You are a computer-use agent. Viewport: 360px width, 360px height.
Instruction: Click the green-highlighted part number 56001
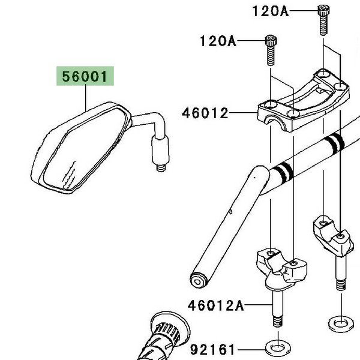coord(85,77)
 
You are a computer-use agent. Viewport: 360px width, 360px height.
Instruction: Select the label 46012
coord(205,113)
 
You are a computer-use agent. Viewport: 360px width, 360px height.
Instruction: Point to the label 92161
coord(213,349)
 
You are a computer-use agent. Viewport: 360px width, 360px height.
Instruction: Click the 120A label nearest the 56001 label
coord(218,41)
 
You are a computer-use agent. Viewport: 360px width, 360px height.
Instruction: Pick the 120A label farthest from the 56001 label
coord(271,11)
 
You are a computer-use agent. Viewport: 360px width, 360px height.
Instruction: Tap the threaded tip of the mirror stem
coord(161,167)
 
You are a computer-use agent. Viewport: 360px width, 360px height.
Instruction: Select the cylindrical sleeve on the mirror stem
coord(160,150)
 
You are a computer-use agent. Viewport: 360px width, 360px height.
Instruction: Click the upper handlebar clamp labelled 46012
coord(300,96)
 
